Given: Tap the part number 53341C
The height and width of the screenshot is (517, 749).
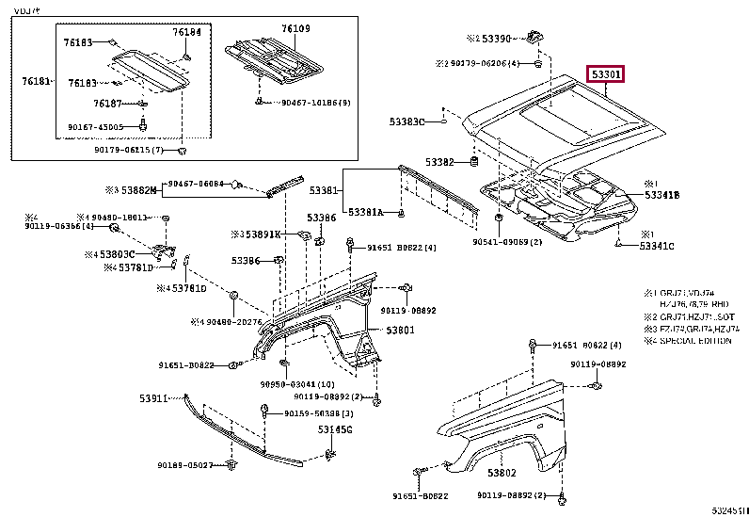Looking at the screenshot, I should pyautogui.click(x=658, y=246).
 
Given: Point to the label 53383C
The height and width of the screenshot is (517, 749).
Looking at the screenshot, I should pyautogui.click(x=407, y=121).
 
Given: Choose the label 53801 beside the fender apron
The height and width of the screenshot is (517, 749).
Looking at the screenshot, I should pyautogui.click(x=399, y=330).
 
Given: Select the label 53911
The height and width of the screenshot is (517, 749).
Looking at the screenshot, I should pyautogui.click(x=153, y=398).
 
